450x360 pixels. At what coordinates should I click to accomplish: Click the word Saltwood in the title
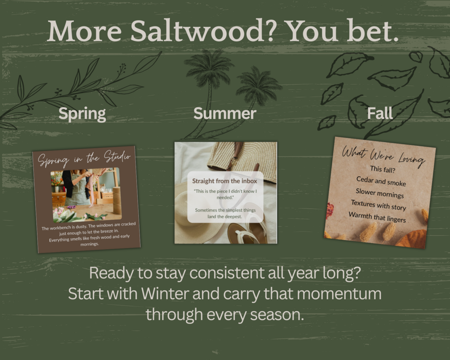click(197, 30)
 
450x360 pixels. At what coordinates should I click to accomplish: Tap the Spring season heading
click(82, 114)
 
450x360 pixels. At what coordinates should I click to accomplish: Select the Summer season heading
click(225, 113)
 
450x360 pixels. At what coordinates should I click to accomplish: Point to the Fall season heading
click(380, 113)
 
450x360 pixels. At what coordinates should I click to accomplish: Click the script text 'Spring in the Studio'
click(84, 158)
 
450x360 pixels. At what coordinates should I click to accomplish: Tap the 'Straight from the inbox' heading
click(225, 181)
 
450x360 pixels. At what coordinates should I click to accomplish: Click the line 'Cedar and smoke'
click(381, 181)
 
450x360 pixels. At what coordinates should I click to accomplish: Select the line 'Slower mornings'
click(380, 193)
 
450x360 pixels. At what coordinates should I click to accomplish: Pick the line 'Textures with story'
click(378, 205)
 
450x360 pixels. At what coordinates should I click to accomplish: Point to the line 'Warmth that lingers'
click(377, 217)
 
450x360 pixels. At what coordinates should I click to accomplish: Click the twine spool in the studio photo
click(117, 201)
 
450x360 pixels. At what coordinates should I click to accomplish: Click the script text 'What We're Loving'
click(384, 156)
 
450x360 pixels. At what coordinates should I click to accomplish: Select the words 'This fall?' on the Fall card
click(382, 169)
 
